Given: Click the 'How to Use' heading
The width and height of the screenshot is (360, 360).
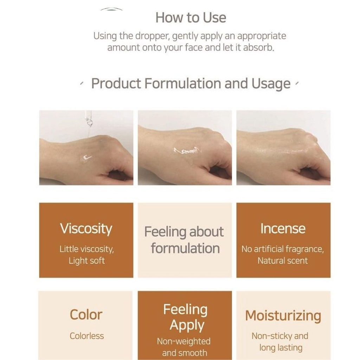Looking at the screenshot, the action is (x=191, y=18).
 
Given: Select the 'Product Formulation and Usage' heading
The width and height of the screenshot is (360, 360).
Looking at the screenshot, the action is (x=191, y=84).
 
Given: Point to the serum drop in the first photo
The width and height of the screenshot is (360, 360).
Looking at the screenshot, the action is (x=85, y=159).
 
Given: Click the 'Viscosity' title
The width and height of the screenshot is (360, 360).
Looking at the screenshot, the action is (x=86, y=229).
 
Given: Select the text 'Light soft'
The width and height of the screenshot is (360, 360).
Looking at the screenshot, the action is (x=86, y=261).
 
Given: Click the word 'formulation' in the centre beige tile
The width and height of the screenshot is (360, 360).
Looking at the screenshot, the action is (x=185, y=249).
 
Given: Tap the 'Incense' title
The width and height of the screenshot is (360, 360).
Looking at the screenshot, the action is (x=283, y=229).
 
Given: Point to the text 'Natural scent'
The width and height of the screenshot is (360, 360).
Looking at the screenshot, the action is (x=282, y=261).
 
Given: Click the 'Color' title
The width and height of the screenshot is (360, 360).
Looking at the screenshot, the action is (x=86, y=315).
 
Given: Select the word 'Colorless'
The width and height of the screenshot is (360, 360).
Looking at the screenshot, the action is (x=86, y=336).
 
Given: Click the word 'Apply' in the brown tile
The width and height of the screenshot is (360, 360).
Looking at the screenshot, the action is (x=187, y=326).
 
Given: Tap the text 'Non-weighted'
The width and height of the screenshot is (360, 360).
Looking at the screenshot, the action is (x=184, y=341).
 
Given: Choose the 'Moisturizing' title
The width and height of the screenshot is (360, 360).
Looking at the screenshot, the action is (x=283, y=316).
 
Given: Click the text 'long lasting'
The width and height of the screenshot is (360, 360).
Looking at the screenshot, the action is (x=281, y=348).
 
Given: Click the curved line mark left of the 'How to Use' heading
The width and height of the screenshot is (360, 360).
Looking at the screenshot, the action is (x=111, y=9).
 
